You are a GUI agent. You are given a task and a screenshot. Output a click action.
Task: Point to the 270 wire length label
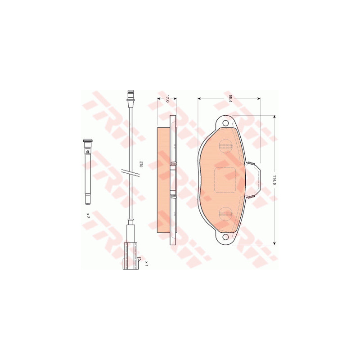[x=141, y=164]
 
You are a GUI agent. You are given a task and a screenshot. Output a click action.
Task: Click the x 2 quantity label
[x=87, y=216]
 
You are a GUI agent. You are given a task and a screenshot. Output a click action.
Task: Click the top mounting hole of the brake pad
[x=225, y=122]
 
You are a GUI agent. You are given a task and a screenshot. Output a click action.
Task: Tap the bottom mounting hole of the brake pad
[x=225, y=237]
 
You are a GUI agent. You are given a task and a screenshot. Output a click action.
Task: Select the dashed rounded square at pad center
[x=225, y=180]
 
